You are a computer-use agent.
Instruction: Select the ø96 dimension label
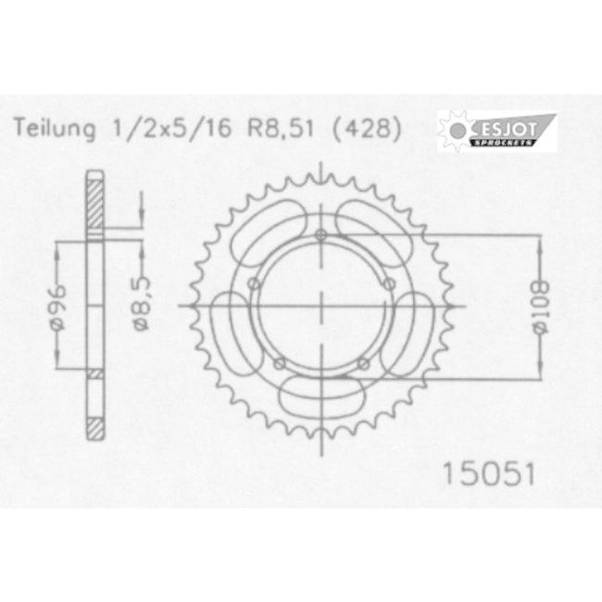click(57, 305)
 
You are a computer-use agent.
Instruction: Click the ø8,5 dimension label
click(139, 307)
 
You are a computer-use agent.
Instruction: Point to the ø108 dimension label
click(541, 305)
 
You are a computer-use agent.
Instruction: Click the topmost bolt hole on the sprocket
click(320, 232)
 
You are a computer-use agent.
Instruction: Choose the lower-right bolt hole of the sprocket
click(362, 362)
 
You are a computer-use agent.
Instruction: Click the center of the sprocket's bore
click(320, 306)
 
